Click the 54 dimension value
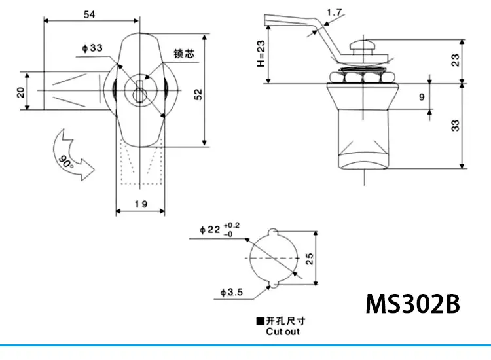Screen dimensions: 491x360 click(89, 14)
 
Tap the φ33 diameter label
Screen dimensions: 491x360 click(92, 48)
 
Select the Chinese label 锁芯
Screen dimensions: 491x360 click(184, 54)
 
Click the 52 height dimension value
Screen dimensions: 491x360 click(198, 94)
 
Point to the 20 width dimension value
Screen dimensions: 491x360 click(21, 93)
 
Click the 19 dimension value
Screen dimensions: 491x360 click(141, 204)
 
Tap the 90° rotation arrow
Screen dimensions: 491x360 click(71, 155)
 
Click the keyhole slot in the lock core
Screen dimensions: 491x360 click(139, 92)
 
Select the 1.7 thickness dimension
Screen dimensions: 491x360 click(334, 12)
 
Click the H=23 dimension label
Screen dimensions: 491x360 click(261, 54)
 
